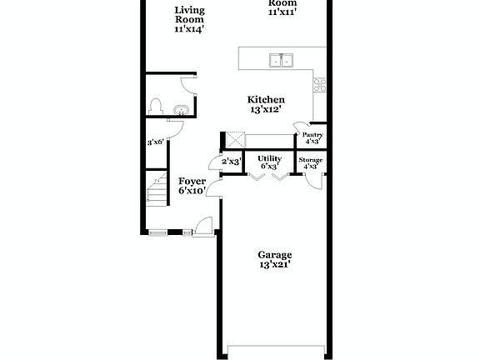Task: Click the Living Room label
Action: (x=190, y=19)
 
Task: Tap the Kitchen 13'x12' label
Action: (x=267, y=104)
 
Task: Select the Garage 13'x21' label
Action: (x=274, y=259)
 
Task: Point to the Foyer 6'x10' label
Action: (x=192, y=186)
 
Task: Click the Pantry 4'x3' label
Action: (x=312, y=137)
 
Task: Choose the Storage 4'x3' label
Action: (x=311, y=162)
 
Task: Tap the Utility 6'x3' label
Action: (x=269, y=162)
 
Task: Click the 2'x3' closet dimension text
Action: (x=231, y=161)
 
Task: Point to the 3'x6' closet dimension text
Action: (x=156, y=142)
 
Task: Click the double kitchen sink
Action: (x=282, y=60)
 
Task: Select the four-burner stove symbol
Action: (x=319, y=83)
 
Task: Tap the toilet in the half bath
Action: (x=154, y=107)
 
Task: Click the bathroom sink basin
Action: (x=181, y=109)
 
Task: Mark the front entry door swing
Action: (x=203, y=223)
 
